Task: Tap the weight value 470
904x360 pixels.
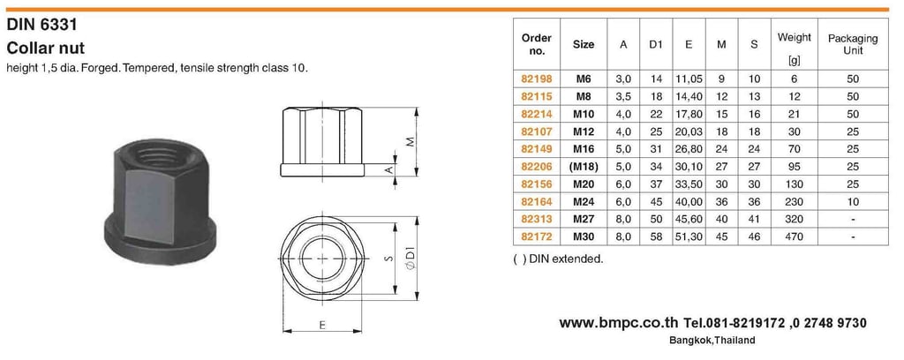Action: [795, 237]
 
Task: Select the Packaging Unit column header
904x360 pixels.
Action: [853, 44]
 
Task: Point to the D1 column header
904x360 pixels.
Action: [656, 44]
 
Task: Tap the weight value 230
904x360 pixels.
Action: [795, 201]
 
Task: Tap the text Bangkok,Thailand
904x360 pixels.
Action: [712, 341]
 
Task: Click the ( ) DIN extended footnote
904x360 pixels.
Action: [557, 259]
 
